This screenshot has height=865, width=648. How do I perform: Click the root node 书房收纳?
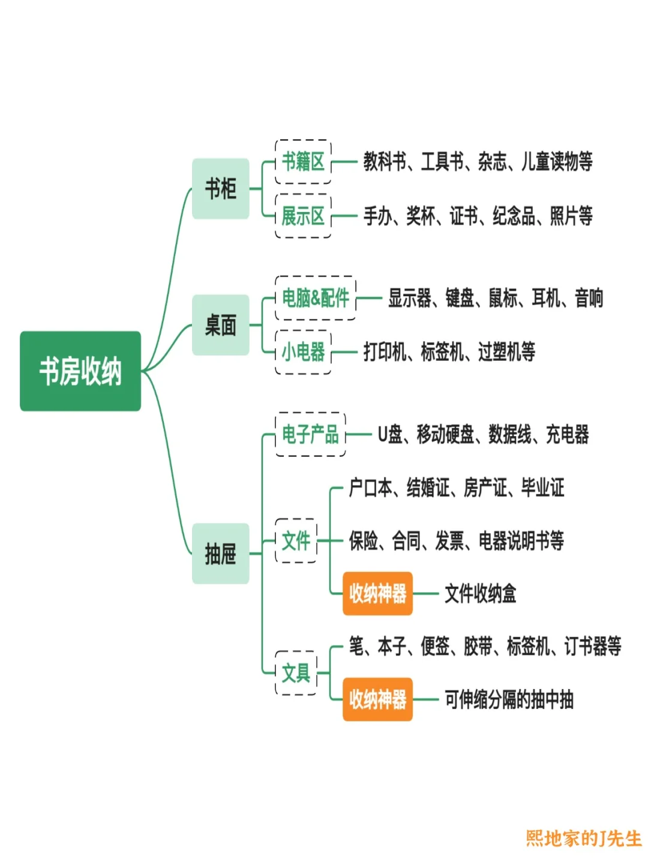click(80, 371)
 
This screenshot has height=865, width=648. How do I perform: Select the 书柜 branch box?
click(220, 189)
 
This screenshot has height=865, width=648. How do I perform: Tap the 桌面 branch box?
click(220, 325)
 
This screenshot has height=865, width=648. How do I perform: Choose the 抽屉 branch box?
click(220, 553)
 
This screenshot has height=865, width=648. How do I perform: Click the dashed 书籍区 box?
click(303, 162)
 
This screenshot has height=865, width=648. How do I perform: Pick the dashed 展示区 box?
click(303, 216)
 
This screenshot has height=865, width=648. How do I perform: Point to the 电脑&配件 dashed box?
click(316, 297)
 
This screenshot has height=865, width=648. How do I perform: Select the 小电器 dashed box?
click(303, 351)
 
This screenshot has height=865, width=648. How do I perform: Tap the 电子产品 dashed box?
click(310, 434)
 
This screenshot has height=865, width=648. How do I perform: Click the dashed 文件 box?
click(296, 541)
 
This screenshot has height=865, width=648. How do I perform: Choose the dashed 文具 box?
click(296, 673)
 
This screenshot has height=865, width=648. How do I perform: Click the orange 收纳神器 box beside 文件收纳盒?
click(377, 593)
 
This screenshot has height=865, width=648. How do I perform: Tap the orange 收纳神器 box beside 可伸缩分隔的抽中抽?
click(377, 699)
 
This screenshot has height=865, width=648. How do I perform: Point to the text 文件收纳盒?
click(480, 593)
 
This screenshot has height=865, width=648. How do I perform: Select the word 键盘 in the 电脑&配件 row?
click(460, 297)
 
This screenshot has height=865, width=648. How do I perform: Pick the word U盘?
click(390, 434)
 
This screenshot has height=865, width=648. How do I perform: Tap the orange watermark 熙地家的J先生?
click(583, 838)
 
